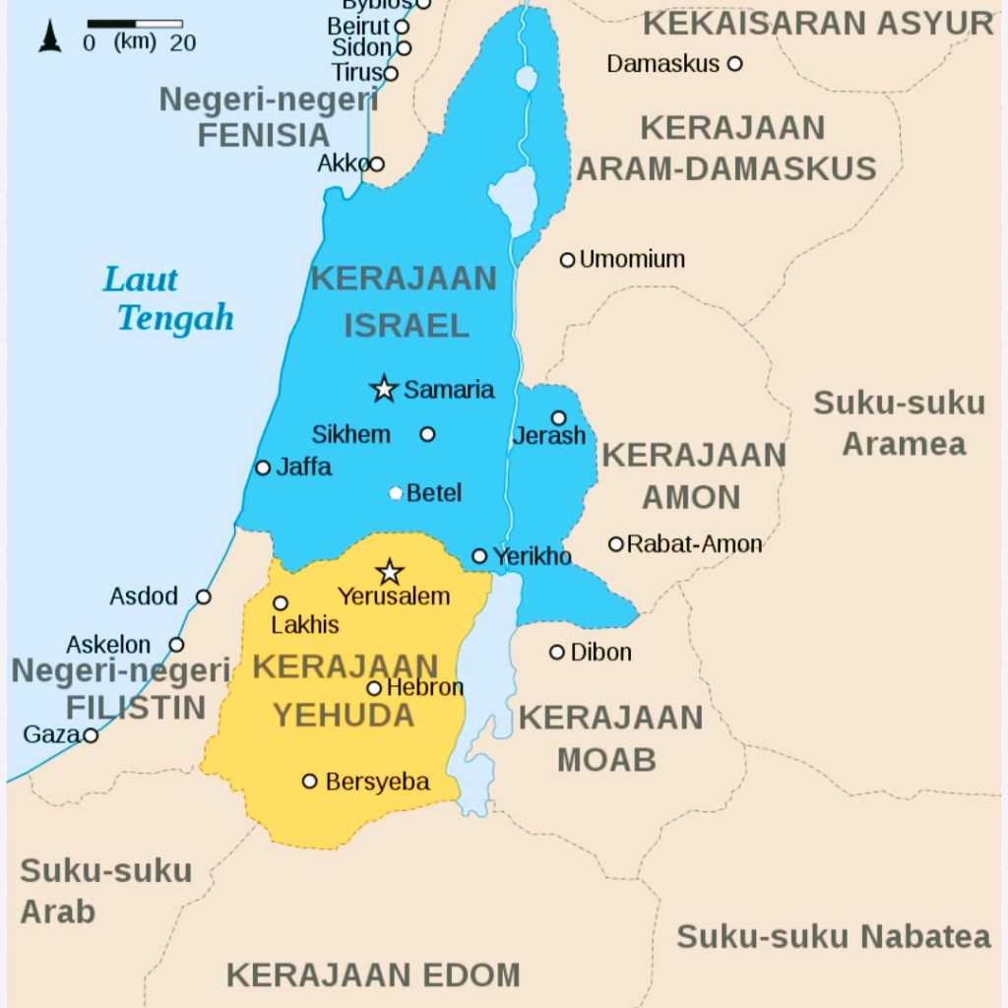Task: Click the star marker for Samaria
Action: [x=384, y=389]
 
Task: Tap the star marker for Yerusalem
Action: [x=390, y=572]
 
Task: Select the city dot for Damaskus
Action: [x=734, y=64]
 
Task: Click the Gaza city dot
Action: [x=91, y=735]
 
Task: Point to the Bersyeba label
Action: [x=377, y=782]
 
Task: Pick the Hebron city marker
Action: [x=374, y=688]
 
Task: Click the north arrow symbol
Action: [x=49, y=36]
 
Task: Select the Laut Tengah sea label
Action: [x=167, y=299]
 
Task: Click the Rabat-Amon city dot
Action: [x=616, y=544]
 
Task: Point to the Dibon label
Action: [x=600, y=653]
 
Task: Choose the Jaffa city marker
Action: [x=263, y=468]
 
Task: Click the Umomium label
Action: [x=632, y=260]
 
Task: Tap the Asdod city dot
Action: [x=203, y=597]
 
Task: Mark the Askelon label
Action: [x=108, y=646]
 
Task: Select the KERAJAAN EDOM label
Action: [x=373, y=975]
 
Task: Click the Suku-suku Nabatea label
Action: [x=833, y=936]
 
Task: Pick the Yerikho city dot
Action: [x=479, y=556]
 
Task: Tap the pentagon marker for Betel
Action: [x=396, y=492]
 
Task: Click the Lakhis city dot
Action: [x=281, y=603]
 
